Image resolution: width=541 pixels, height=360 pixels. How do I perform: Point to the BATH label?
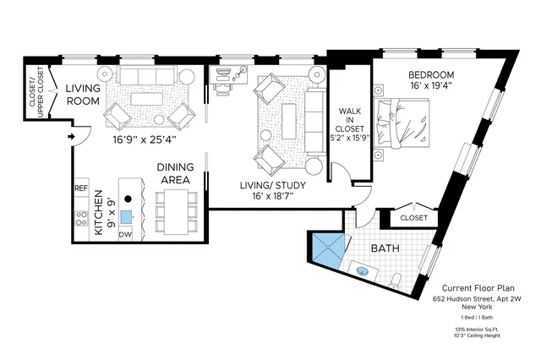385,249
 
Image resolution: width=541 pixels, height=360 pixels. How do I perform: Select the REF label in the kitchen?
81,188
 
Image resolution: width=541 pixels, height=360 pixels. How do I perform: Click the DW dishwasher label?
125,234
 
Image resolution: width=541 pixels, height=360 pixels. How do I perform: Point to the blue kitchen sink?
126,216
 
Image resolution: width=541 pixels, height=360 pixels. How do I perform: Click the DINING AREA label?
175,173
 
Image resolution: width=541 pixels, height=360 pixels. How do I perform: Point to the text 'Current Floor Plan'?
479,288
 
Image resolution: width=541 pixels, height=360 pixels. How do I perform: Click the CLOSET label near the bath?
413,217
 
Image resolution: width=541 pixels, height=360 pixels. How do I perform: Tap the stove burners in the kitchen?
82,217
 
